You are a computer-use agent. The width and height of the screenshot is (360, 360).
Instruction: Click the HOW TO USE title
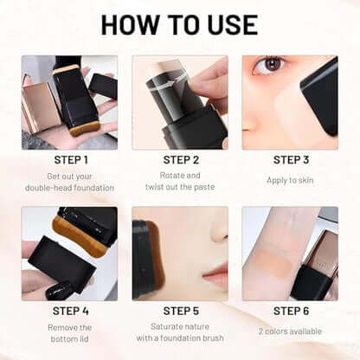click(x=180, y=24)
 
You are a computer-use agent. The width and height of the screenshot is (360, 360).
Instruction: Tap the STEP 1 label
click(x=69, y=159)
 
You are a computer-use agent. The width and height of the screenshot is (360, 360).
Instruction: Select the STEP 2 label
click(x=180, y=159)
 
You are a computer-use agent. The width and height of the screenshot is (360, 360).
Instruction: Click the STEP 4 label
click(x=69, y=310)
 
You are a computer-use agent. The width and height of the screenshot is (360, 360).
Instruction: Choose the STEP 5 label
click(x=180, y=310)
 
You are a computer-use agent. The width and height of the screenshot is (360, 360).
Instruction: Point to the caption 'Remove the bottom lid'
click(x=69, y=334)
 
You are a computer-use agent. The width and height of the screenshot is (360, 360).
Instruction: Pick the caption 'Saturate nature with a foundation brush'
click(x=180, y=334)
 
